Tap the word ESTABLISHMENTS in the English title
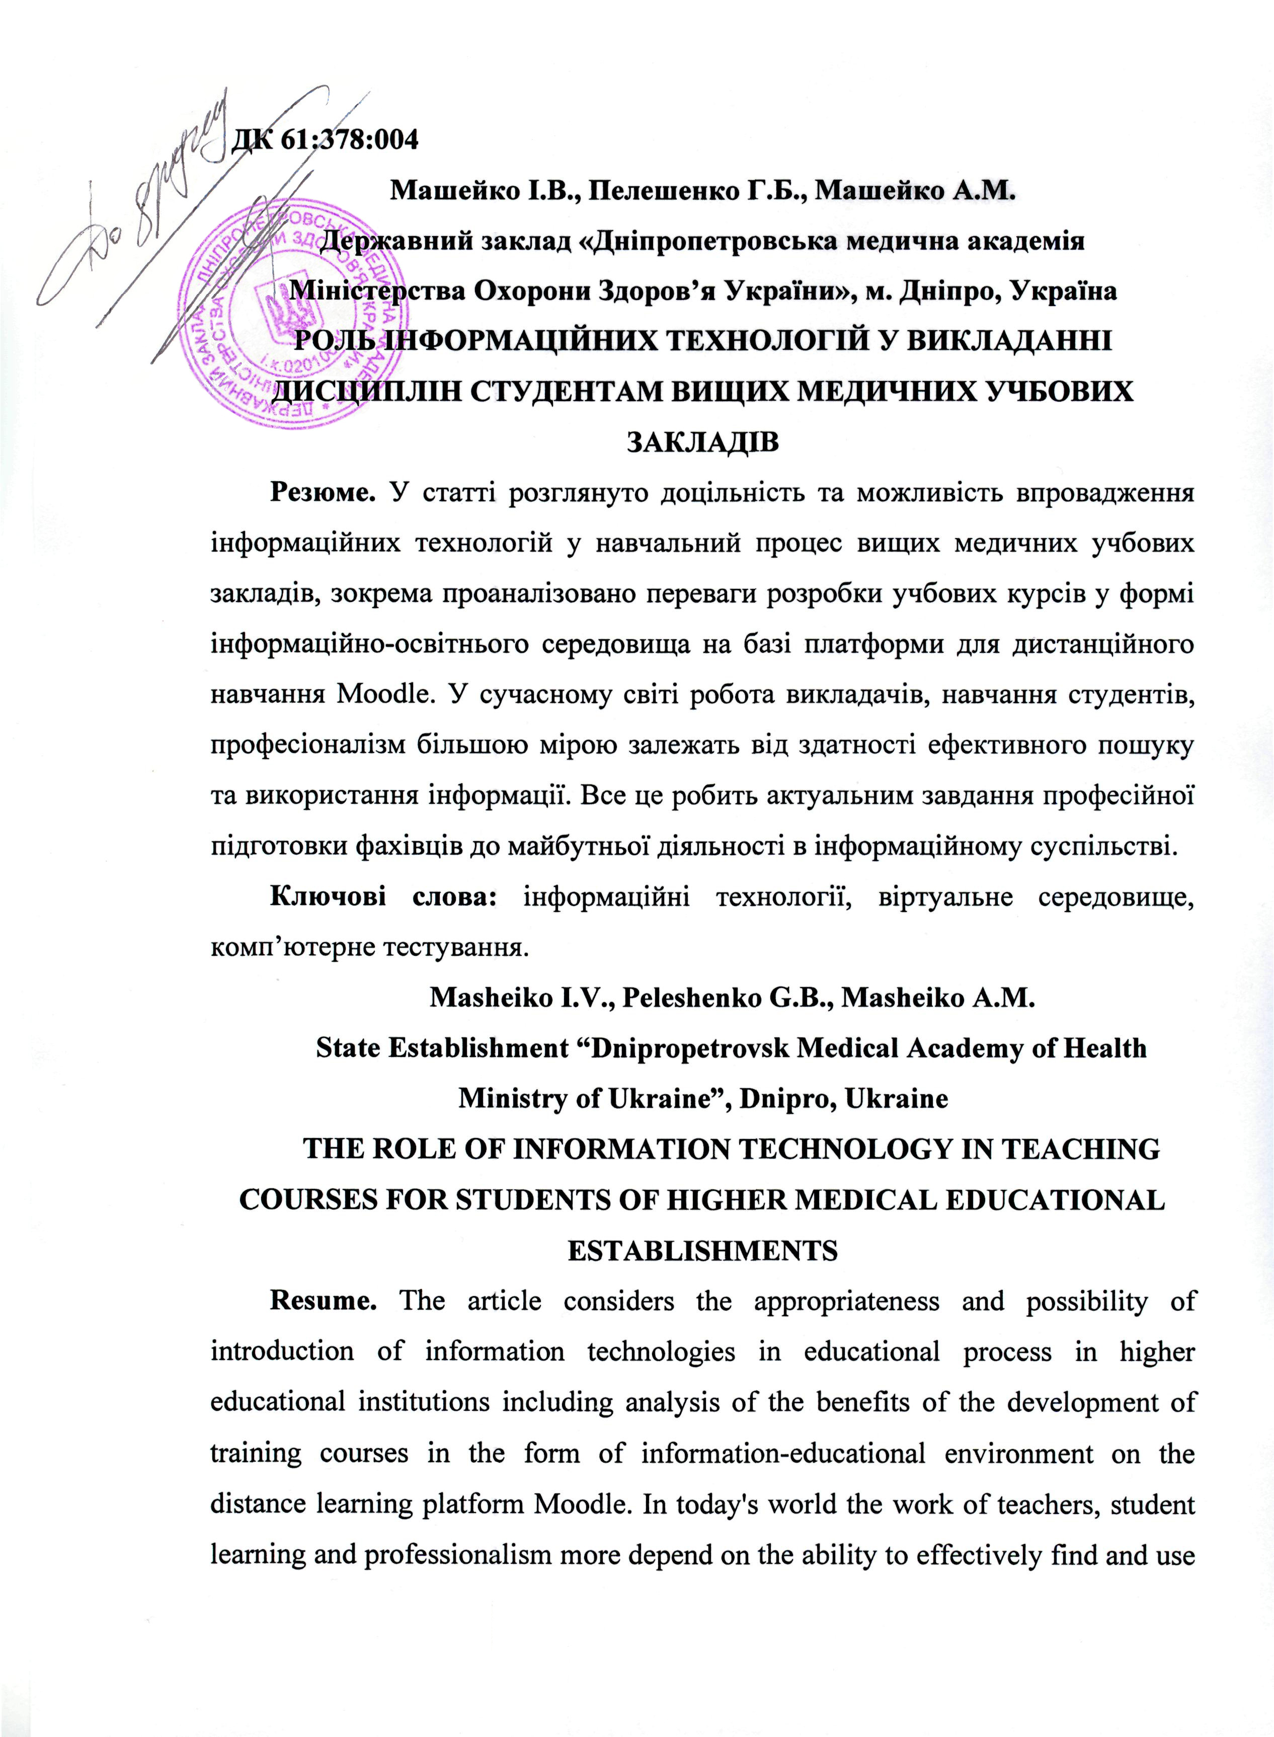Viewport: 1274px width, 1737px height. [702, 1250]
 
